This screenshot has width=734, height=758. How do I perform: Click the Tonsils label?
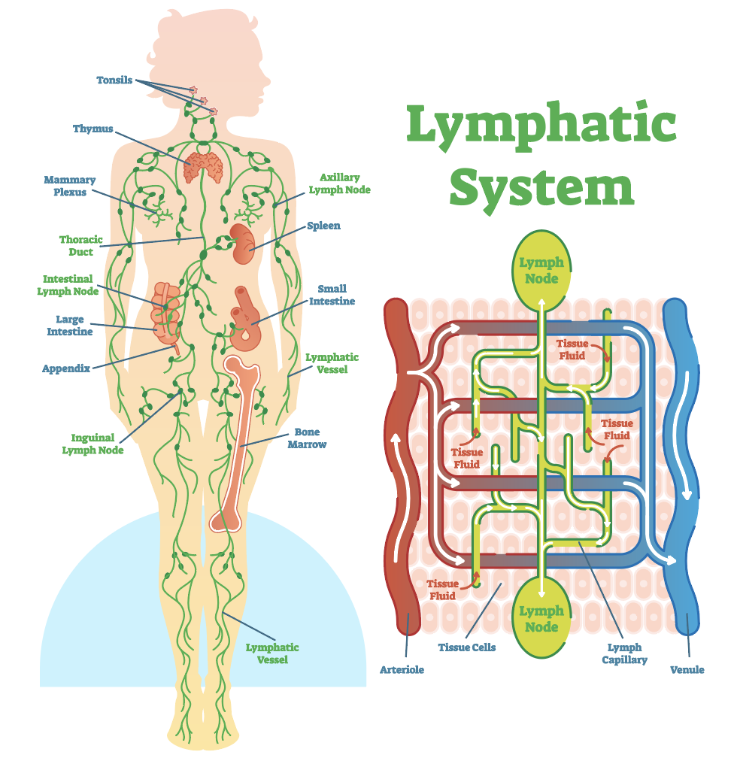click(114, 80)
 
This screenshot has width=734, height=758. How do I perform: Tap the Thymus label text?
click(93, 129)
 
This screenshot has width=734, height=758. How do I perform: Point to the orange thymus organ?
click(204, 167)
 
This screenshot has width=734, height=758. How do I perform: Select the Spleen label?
click(323, 226)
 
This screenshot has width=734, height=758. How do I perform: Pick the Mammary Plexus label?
click(69, 186)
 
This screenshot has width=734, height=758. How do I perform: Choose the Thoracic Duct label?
click(80, 246)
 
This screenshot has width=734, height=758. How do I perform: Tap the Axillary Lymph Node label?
click(339, 183)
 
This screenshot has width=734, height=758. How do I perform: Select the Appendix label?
click(66, 368)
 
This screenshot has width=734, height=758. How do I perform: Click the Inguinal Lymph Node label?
click(93, 444)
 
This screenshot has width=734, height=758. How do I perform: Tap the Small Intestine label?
click(332, 295)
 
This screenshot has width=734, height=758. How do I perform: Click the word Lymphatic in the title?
click(541, 125)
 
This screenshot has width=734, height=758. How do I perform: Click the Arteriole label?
click(402, 669)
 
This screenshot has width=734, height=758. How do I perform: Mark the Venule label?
click(687, 669)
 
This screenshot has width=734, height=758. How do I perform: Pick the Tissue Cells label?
click(467, 647)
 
